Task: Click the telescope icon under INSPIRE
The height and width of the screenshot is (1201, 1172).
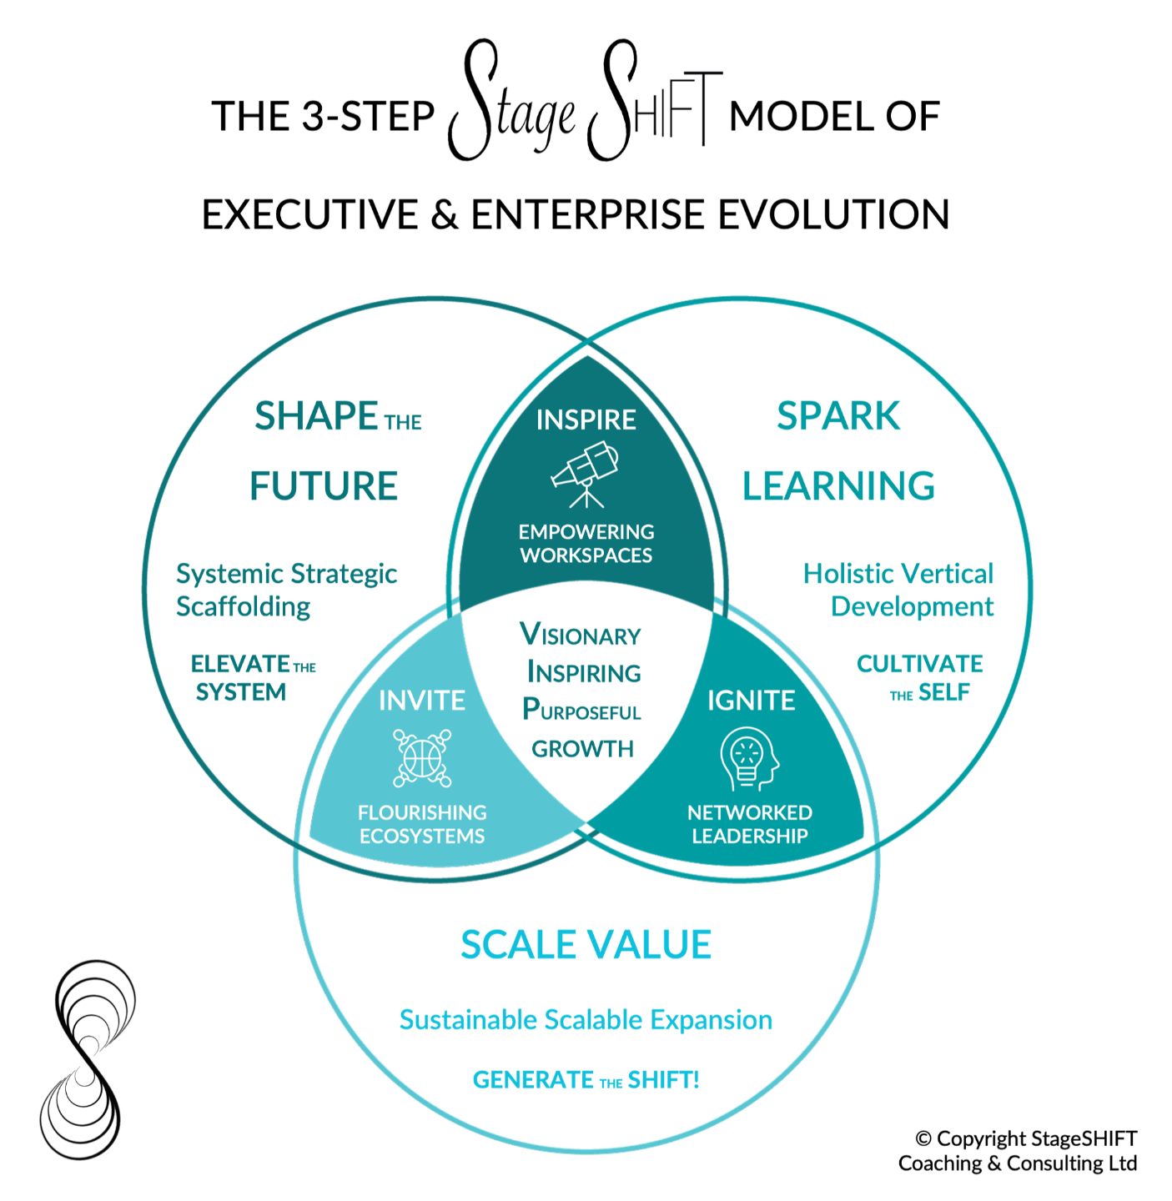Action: pyautogui.click(x=586, y=475)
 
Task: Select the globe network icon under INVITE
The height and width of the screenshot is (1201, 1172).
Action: pyautogui.click(x=422, y=758)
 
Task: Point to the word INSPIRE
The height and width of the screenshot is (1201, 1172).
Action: pyautogui.click(x=586, y=420)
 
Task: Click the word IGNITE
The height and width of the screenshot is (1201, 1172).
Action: pyautogui.click(x=751, y=701)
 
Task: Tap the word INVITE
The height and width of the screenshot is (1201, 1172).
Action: pyautogui.click(x=422, y=701)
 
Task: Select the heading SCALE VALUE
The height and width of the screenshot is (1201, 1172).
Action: pyautogui.click(x=586, y=945)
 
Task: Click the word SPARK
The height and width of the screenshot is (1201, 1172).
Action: pyautogui.click(x=838, y=416)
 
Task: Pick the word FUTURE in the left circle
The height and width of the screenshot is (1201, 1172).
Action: pyautogui.click(x=324, y=486)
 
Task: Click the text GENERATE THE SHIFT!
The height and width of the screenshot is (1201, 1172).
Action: pyautogui.click(x=586, y=1080)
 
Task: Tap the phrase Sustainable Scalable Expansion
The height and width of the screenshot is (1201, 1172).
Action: pyautogui.click(x=586, y=1019)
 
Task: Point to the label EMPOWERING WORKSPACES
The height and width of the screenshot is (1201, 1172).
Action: pyautogui.click(x=586, y=544)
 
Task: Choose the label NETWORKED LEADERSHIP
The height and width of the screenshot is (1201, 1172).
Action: pyautogui.click(x=749, y=824)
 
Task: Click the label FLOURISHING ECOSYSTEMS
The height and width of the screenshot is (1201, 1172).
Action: pyautogui.click(x=422, y=824)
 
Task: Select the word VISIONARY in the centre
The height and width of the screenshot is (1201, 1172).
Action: pyautogui.click(x=581, y=635)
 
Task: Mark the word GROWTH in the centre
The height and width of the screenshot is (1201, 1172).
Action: pyautogui.click(x=582, y=749)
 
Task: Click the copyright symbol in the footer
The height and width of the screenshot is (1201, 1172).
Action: pyautogui.click(x=923, y=1139)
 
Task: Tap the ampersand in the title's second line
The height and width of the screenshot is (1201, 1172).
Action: pyautogui.click(x=445, y=215)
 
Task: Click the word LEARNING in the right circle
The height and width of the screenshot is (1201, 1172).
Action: pyautogui.click(x=838, y=486)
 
